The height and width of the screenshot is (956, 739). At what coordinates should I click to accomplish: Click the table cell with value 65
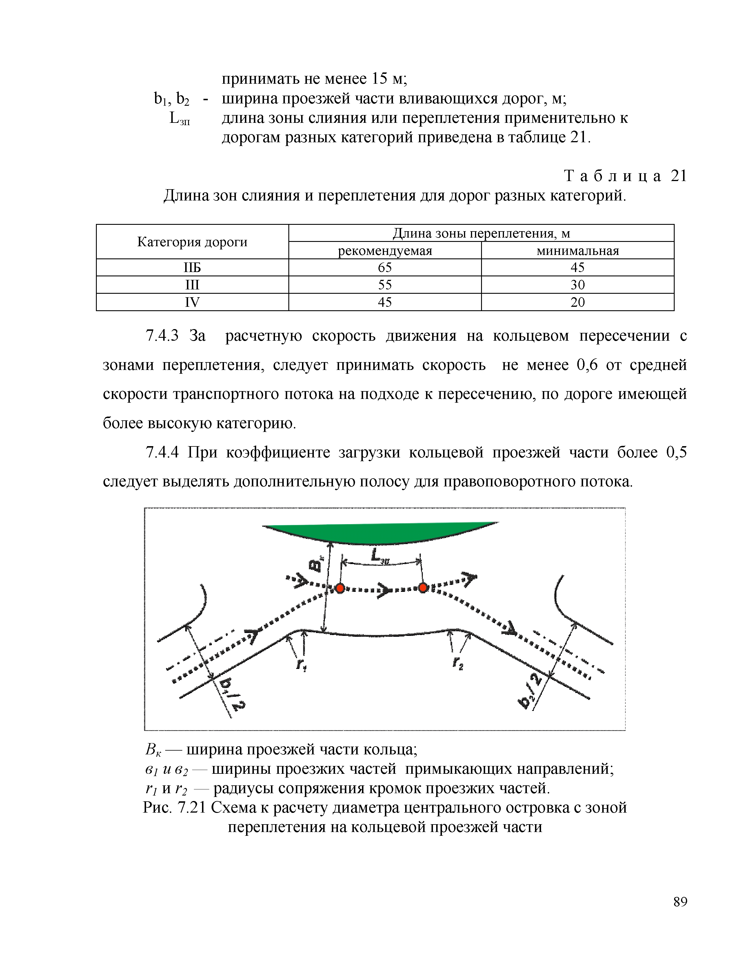click(385, 267)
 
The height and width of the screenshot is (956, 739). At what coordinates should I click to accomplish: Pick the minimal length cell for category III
click(578, 285)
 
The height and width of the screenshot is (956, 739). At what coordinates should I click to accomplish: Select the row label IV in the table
click(192, 302)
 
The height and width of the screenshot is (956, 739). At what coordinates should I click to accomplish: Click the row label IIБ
click(192, 267)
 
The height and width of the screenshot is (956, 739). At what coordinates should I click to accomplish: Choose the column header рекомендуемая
click(385, 251)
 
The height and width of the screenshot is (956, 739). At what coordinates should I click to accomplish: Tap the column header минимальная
click(578, 251)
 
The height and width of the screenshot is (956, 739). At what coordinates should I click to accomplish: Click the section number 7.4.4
click(162, 452)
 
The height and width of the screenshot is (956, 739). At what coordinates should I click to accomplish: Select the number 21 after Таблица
click(679, 176)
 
